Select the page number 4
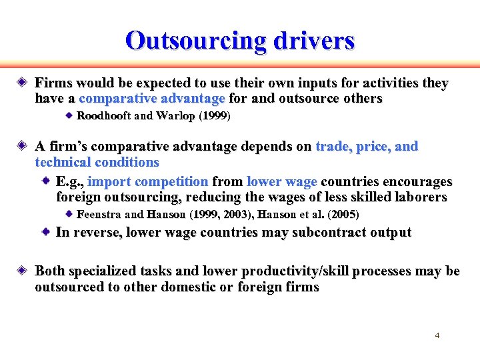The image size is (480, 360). [x=437, y=335]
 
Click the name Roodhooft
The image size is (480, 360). [x=104, y=116]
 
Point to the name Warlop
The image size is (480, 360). [x=175, y=116]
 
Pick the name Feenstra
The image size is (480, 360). [x=99, y=215]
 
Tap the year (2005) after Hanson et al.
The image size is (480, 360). [x=344, y=215]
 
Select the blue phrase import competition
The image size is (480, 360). [x=148, y=182]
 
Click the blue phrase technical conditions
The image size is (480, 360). [x=97, y=162]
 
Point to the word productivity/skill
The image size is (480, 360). [x=295, y=271]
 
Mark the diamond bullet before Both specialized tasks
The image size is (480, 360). [x=22, y=271]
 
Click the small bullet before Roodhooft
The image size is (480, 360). [x=69, y=116]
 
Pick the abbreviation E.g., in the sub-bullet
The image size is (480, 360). [x=69, y=182]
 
